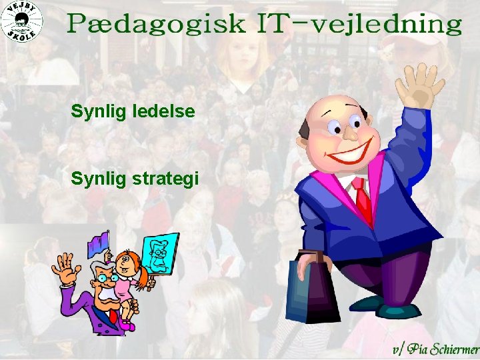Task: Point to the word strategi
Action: tap(168, 179)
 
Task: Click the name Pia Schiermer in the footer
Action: tap(443, 349)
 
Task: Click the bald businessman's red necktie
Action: tap(363, 200)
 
